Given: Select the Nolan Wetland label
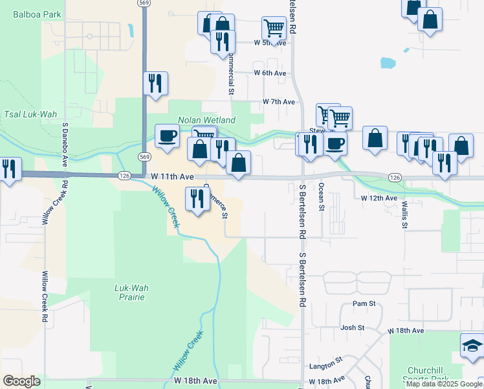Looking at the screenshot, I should (x=207, y=120).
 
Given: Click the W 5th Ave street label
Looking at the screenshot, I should (x=270, y=43).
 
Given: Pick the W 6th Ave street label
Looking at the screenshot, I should (x=270, y=73).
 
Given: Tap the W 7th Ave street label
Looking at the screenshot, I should (x=279, y=102).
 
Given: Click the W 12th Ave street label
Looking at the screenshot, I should (x=379, y=198).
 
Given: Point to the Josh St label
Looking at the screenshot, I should (x=353, y=328).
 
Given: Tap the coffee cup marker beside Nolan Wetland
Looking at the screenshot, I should (x=167, y=136).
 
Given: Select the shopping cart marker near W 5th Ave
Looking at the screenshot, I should (x=274, y=29).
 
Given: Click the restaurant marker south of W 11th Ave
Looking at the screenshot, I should (x=197, y=198).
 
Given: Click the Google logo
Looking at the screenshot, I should (x=22, y=381).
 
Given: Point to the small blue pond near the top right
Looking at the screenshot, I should (x=388, y=63).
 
